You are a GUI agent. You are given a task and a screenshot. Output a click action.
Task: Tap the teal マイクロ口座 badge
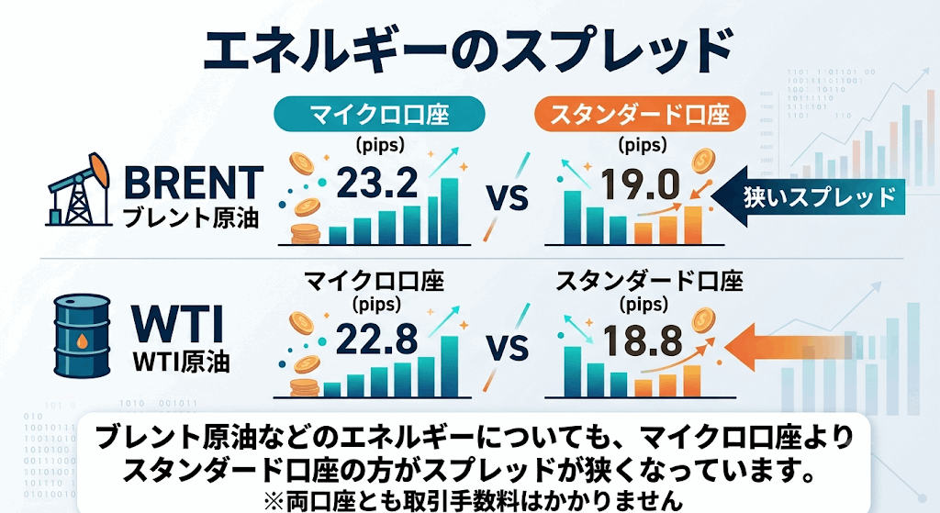coord(379,113)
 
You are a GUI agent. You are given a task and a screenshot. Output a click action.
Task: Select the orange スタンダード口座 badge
coord(640,113)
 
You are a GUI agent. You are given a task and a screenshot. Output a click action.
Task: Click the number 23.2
coord(377,183)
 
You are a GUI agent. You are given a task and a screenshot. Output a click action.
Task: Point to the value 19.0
coord(640,184)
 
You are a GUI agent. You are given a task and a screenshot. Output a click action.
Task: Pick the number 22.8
coord(376,339)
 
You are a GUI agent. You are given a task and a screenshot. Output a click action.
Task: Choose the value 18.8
coord(643,340)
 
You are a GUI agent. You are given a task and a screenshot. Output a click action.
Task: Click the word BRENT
coord(193,183)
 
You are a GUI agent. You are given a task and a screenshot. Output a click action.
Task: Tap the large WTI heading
coord(178,326)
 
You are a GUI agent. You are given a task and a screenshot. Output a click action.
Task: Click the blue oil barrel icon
coord(82,336)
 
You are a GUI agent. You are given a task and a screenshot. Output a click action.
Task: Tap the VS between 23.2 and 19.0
coord(507,197)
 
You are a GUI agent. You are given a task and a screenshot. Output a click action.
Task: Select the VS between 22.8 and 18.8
coord(507,348)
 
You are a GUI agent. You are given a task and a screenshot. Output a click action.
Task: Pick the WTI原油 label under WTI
coord(181,362)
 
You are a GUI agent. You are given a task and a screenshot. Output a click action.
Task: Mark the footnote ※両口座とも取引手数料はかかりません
coord(474,500)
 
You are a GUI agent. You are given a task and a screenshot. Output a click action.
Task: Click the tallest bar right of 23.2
coord(450,211)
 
